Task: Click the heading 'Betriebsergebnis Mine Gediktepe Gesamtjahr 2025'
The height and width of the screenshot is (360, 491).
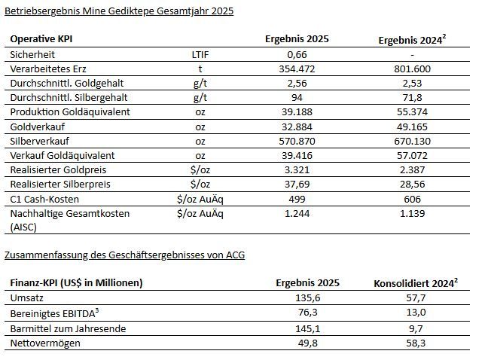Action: [x=120, y=11]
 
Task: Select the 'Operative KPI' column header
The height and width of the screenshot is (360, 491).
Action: [x=41, y=38]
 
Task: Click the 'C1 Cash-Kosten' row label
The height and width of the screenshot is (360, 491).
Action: [x=46, y=199]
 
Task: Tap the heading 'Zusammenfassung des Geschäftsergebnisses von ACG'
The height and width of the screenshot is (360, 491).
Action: [x=125, y=255]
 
